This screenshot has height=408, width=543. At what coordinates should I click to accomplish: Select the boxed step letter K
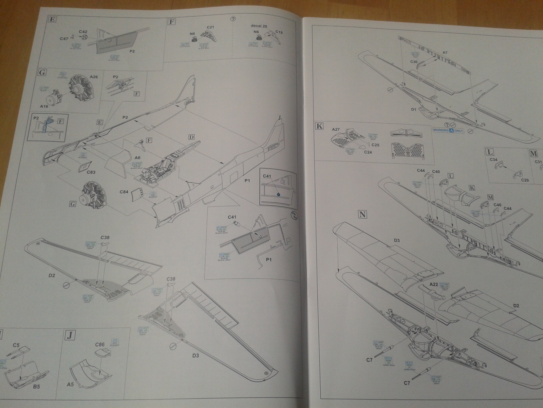[x=319, y=126]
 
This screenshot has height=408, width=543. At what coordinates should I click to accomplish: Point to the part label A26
[x=94, y=77]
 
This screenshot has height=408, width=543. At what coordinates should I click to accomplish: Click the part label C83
[x=91, y=172]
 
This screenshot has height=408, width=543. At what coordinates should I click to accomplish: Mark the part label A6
[x=137, y=158]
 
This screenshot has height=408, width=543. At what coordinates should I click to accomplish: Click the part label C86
[x=100, y=345]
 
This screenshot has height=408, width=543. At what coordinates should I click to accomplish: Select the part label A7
[x=445, y=53]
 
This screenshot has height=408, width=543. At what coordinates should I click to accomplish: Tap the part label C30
[x=414, y=62]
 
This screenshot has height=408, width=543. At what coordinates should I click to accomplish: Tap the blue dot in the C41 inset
[x=279, y=194]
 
